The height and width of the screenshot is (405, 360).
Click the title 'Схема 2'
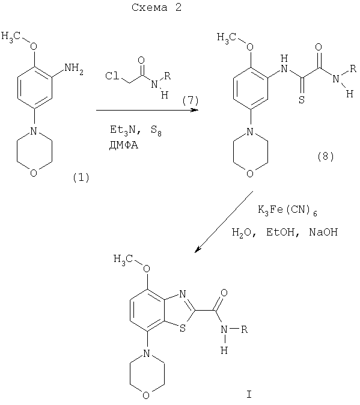coord(156,7)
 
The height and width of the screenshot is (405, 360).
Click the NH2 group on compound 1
coord(74,69)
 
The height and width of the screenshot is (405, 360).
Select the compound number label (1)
coord(81,178)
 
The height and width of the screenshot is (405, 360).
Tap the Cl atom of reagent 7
coord(112,76)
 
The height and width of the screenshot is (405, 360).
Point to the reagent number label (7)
coord(191,100)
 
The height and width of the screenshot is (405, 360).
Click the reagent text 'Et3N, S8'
coord(136,130)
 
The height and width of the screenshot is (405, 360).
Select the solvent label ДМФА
coord(123,145)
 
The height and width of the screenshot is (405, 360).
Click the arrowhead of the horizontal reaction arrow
coord(195,111)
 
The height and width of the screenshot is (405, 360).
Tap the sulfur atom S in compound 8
coord(302,100)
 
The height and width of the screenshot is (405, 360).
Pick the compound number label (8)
coord(326,156)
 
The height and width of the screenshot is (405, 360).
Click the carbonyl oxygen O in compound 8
coord(319,47)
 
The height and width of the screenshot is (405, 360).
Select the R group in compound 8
coord(353,69)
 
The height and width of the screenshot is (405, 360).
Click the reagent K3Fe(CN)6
coord(287,210)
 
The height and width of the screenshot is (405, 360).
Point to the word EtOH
coord(281,232)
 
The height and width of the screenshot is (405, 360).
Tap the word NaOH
coord(323,232)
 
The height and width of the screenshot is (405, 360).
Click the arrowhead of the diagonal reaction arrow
coord(197,249)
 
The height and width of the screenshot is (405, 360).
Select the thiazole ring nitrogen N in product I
coord(182,294)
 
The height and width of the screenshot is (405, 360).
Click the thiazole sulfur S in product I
coord(183,329)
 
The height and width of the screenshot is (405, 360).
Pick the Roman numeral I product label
coord(249,394)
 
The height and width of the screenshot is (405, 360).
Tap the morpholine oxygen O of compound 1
coord(34,173)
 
